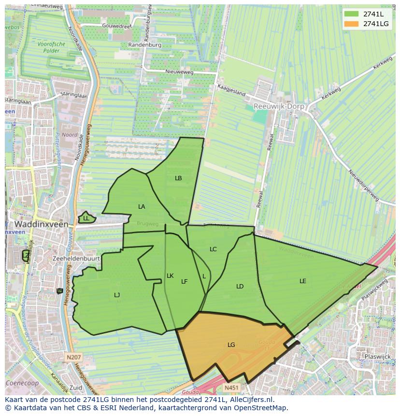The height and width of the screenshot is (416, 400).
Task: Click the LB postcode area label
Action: pos(178,178)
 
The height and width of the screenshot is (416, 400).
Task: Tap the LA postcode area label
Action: pos(142,207)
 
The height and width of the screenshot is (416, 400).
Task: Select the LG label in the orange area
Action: pos(231,345)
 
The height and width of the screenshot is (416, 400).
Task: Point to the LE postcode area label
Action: pos(303,281)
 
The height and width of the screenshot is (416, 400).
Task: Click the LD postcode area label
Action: pos(240,287)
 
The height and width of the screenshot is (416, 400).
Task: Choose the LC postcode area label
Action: pos(213,249)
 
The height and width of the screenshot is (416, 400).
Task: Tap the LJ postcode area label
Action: pos(117,295)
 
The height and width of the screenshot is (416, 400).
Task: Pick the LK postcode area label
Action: pos(170,276)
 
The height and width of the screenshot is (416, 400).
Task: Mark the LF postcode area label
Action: pos(184,282)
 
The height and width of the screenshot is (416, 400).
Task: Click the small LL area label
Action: pos(86,218)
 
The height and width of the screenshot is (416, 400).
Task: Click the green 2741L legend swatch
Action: pos(351,14)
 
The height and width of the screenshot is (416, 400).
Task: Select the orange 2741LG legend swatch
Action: pos(351,24)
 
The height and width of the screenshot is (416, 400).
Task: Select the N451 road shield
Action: pos(232,387)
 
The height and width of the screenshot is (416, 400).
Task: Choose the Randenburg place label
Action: pos(145,45)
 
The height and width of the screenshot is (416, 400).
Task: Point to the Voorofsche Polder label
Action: pos(51,47)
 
